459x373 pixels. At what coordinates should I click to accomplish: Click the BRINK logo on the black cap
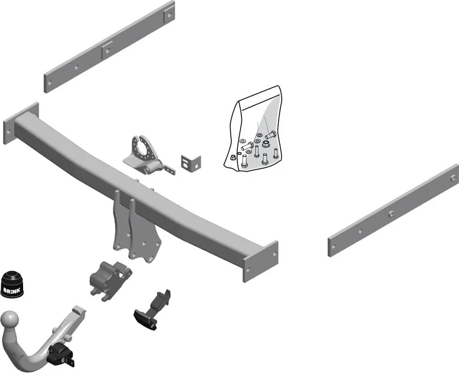(12, 290)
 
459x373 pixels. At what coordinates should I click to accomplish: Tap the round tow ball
(10, 320)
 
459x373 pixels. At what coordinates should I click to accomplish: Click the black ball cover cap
(12, 283)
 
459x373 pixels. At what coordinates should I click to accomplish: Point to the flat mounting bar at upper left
(109, 47)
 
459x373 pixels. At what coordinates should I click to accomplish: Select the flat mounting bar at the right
(393, 211)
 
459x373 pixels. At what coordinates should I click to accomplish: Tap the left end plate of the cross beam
(21, 123)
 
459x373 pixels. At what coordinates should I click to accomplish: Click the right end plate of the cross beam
(260, 261)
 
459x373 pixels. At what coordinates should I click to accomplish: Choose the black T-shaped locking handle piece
(152, 310)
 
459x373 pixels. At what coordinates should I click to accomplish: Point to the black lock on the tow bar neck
(61, 355)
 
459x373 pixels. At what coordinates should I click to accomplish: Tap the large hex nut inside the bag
(266, 144)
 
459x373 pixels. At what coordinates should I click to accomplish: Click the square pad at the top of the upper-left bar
(169, 14)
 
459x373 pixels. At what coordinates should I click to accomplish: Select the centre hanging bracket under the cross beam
(136, 228)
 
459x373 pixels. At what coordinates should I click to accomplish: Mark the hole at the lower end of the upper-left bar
(50, 83)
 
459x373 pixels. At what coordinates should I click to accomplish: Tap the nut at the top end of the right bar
(453, 177)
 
